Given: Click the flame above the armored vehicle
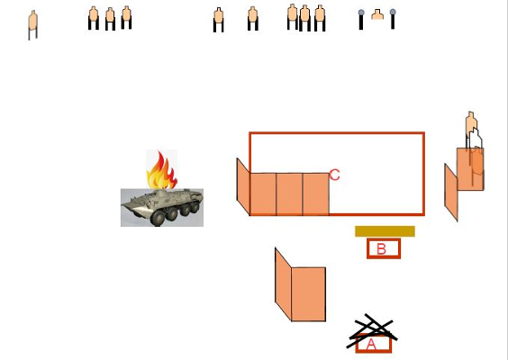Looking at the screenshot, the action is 161,170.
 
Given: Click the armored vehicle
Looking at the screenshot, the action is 162,208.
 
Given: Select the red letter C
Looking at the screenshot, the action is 334,175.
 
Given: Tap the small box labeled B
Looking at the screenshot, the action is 384,248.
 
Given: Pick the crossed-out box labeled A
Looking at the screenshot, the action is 374,344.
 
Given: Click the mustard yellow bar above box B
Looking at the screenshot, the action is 385,231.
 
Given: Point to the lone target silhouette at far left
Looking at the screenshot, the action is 32,24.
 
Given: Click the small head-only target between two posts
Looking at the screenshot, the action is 377,14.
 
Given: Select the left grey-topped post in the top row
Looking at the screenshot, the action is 361,20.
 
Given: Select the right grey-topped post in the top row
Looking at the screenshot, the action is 393,19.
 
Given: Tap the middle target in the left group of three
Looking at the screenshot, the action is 110,19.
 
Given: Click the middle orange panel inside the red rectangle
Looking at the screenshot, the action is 289,194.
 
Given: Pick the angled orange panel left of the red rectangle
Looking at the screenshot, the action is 243,186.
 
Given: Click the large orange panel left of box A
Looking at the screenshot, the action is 308,294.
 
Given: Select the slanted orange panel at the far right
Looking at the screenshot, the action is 451,193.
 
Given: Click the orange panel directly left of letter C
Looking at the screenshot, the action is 316,194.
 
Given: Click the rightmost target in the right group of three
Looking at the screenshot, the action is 320,18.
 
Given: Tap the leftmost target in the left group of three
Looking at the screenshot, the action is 94,18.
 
